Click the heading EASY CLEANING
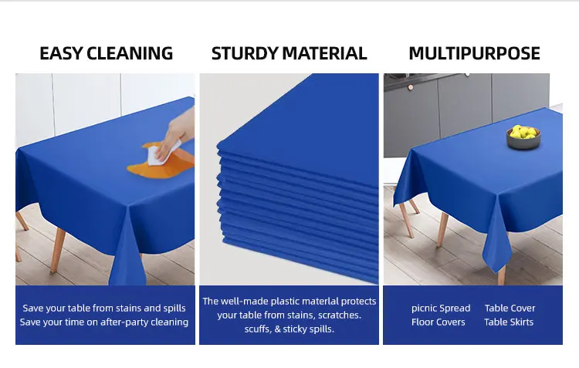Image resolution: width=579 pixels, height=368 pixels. tap(106, 53)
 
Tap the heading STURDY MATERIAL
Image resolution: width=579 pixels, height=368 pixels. tap(289, 53)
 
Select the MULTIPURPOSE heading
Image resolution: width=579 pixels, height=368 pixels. tap(475, 53)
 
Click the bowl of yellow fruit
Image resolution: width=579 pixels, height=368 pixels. tap(523, 137)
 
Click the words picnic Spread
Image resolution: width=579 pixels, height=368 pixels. tap(441, 309)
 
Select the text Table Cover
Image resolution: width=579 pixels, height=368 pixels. tap(510, 308)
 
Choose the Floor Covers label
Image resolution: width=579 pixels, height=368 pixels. tap(438, 322)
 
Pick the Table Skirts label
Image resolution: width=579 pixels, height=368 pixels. tap(509, 322)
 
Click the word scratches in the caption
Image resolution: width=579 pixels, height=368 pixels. tap(340, 316)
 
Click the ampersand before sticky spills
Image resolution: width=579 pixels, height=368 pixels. tap(278, 329)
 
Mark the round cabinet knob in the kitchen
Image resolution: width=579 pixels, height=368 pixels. tap(410, 87)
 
